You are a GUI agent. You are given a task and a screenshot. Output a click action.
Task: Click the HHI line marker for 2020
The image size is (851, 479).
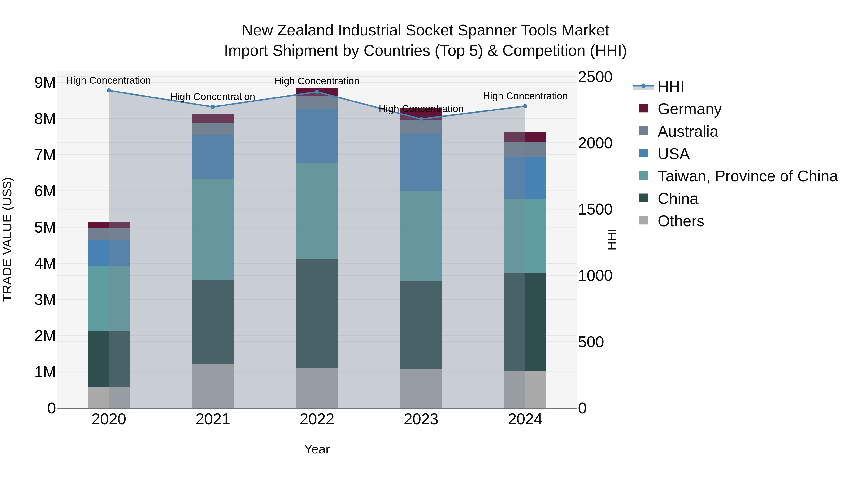pyautogui.click(x=109, y=91)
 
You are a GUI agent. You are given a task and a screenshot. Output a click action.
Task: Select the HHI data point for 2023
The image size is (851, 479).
pyautogui.click(x=421, y=119)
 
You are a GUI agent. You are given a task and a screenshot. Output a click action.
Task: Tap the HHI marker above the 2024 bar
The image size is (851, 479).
pyautogui.click(x=525, y=106)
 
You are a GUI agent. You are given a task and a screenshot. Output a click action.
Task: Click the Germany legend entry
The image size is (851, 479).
pyautogui.click(x=689, y=109)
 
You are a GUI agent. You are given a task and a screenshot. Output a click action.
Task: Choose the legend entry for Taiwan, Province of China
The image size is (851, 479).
pyautogui.click(x=747, y=176)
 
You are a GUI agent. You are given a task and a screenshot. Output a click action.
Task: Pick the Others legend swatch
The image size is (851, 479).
pyautogui.click(x=643, y=220)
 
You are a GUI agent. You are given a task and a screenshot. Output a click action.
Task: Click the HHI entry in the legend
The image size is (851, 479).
pyautogui.click(x=670, y=87)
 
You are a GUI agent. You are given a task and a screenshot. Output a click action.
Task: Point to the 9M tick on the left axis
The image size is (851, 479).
pyautogui.click(x=45, y=83)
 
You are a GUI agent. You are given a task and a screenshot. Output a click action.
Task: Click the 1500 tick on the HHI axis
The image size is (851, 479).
pyautogui.click(x=595, y=209)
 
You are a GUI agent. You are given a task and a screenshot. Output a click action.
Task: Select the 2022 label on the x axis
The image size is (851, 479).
pyautogui.click(x=317, y=419)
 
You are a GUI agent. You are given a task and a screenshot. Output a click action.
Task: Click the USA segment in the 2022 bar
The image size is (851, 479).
pyautogui.click(x=317, y=136)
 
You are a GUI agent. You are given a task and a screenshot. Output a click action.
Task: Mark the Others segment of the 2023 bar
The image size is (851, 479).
pyautogui.click(x=421, y=388)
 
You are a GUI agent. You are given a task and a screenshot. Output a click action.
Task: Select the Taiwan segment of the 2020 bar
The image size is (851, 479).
pyautogui.click(x=109, y=298)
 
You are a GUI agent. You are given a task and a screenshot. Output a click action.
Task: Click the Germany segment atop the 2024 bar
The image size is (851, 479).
pyautogui.click(x=525, y=137)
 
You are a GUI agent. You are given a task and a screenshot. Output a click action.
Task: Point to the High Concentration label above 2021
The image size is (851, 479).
pyautogui.click(x=213, y=97)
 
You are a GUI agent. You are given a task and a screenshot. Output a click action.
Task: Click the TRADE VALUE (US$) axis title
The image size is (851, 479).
pyautogui.click(x=7, y=239)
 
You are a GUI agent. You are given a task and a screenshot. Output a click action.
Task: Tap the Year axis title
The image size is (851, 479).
pyautogui.click(x=317, y=449)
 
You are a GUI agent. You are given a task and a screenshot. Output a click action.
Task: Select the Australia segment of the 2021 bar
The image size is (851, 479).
pyautogui.click(x=213, y=129)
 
